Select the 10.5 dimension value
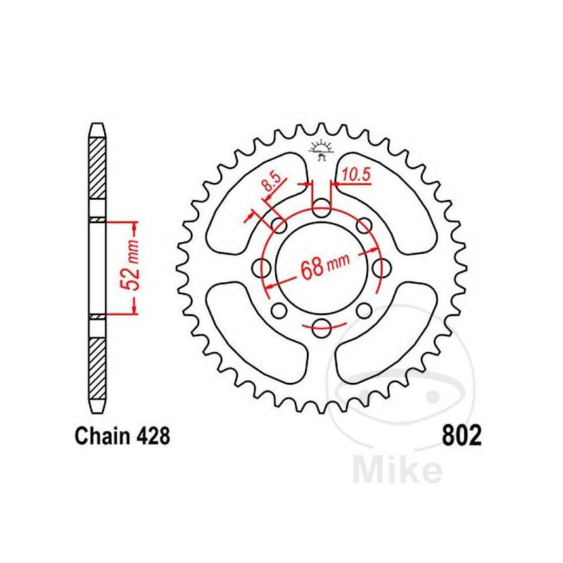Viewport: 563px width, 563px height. (356, 173)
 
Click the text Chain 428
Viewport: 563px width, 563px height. (122, 437)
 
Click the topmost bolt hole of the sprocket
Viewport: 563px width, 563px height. (322, 208)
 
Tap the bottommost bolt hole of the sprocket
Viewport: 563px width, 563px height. (322, 325)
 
